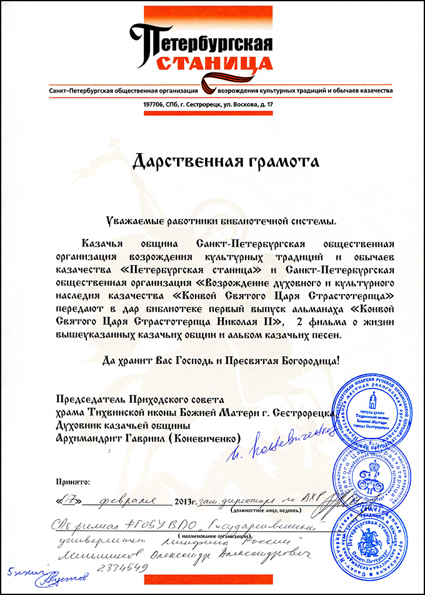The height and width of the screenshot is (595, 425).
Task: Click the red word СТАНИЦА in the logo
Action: pyautogui.click(x=213, y=63)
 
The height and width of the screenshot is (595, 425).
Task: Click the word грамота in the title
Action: pyautogui.click(x=278, y=162)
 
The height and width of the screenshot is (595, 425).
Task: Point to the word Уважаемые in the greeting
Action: pyautogui.click(x=134, y=221)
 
